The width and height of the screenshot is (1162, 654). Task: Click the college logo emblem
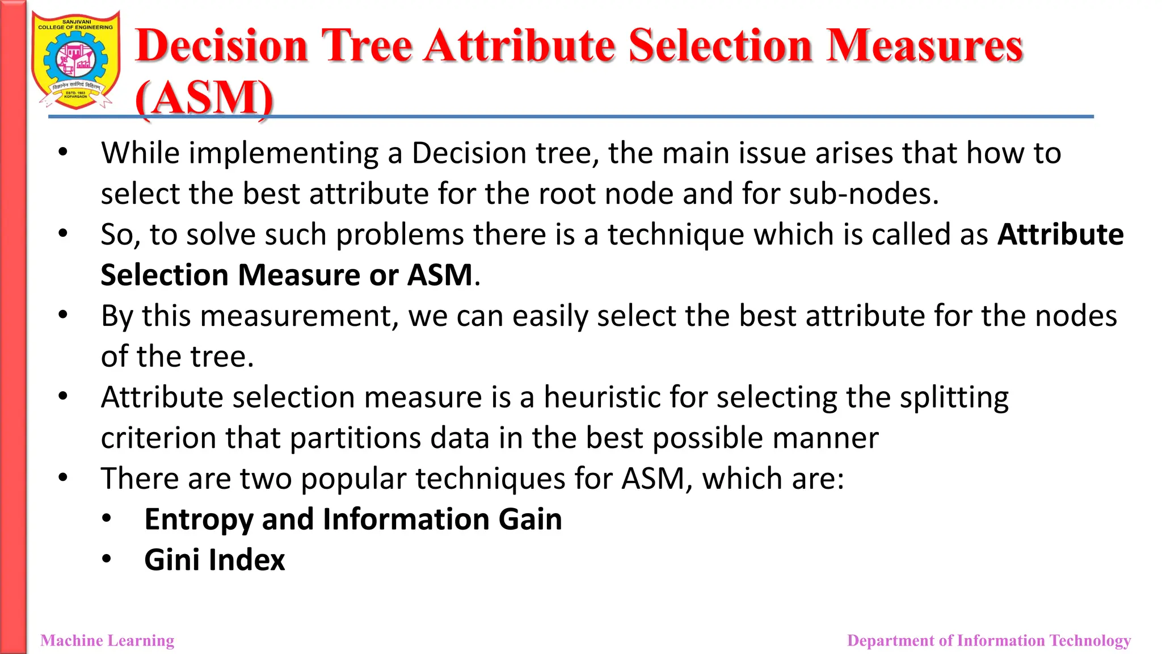coord(76,60)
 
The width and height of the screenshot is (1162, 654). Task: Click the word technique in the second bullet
coord(676,235)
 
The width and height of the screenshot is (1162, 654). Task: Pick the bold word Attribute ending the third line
coord(1060,234)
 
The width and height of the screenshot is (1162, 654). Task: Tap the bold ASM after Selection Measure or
coord(440,275)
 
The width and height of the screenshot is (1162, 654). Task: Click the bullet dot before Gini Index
coord(107,559)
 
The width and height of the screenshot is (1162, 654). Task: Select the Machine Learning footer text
coord(107,640)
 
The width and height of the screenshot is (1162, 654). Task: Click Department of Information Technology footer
coord(988,640)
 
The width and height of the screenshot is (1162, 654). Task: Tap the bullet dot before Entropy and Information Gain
coord(107,518)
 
